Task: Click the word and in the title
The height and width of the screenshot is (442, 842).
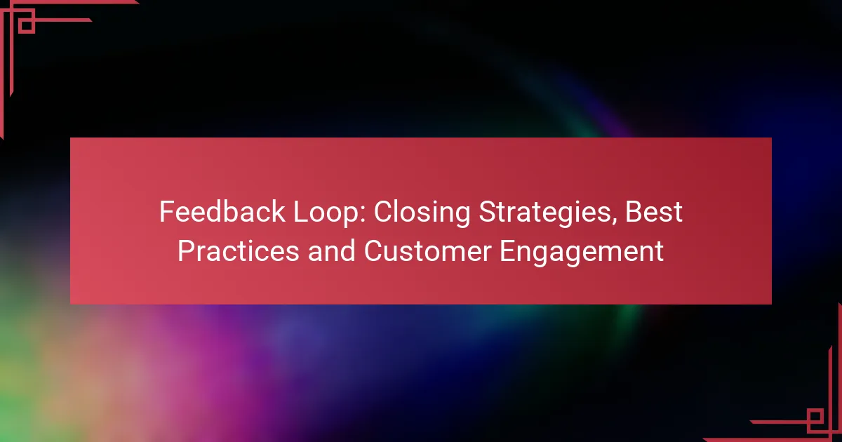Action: [x=331, y=252]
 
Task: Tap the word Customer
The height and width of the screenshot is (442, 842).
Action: [x=427, y=252]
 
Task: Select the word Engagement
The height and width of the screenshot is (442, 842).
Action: [x=582, y=252]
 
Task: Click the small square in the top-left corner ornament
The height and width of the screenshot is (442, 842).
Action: [x=27, y=25]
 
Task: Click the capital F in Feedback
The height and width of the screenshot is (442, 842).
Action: [x=166, y=213]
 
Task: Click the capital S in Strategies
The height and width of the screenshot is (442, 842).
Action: [x=486, y=213]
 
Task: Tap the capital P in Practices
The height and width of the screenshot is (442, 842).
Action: [x=185, y=252]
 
